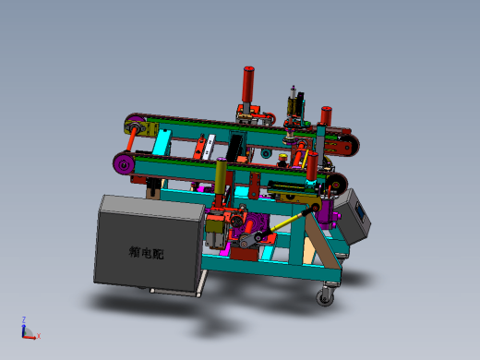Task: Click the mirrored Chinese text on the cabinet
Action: click(x=146, y=253)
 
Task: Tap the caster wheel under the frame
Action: click(x=325, y=296)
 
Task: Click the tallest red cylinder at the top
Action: click(x=248, y=84)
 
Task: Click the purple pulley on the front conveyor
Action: click(x=124, y=164)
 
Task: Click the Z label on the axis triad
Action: click(x=24, y=319)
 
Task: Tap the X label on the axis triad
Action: click(x=39, y=336)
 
